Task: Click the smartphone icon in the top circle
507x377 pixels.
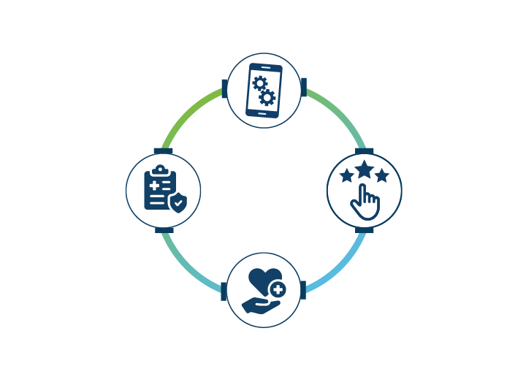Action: [263, 90]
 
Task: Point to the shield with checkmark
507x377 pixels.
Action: [177, 201]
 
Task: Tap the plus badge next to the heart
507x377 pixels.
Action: [277, 290]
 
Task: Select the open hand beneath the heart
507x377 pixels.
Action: [259, 303]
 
